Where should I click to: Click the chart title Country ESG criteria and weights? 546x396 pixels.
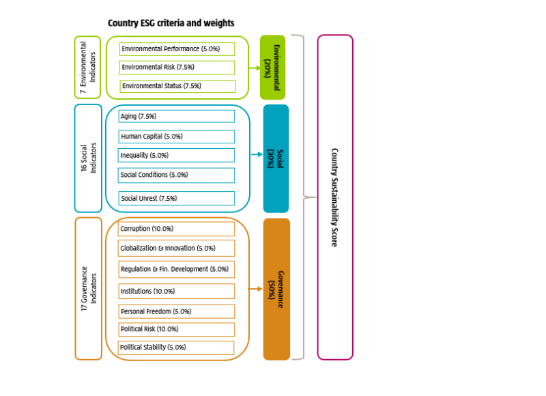pos(171,23)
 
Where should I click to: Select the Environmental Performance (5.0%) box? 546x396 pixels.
pos(177,49)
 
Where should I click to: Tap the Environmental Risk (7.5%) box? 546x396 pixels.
pos(177,68)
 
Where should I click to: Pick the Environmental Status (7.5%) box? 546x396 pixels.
pos(177,86)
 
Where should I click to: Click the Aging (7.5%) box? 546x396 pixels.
pos(176,117)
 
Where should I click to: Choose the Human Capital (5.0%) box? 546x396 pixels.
pos(176,137)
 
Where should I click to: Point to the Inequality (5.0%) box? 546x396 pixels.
pos(176,156)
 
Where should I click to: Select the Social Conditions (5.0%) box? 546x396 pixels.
pos(176,175)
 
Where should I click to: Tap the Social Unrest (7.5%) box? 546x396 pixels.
pos(176,199)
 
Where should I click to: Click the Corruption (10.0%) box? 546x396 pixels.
pos(176,229)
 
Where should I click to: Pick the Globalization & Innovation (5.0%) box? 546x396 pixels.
pos(176,248)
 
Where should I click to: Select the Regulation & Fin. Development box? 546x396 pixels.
pos(176,269)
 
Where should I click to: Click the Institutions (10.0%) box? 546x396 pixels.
pos(176,292)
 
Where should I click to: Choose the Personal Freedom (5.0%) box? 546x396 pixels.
pos(176,311)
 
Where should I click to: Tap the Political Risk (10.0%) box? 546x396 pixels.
pos(176,329)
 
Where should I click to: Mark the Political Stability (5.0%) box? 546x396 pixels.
pos(176,348)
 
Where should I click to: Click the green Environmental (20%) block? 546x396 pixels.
pos(272,68)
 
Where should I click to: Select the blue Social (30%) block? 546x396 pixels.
pos(276,158)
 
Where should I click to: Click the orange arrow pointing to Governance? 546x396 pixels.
pos(255,289)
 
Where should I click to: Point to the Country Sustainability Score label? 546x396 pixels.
pos(334,197)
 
